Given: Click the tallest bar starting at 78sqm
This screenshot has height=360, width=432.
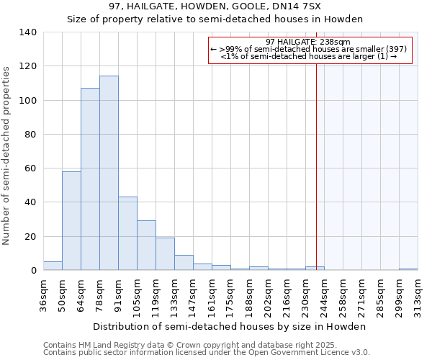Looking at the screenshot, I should click(109, 173).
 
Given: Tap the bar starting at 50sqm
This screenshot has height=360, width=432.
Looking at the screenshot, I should click(71, 220).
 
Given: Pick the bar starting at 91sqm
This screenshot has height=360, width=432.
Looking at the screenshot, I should click(127, 233).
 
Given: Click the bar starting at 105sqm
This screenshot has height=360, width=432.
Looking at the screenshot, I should click(146, 246).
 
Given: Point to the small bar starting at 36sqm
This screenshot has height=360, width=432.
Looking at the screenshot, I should click(53, 266).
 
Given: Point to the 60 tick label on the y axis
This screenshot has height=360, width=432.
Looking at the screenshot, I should click(30, 168).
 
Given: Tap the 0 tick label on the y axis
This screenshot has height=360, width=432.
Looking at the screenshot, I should click(33, 271).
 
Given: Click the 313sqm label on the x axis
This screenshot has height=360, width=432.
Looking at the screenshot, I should click(418, 294).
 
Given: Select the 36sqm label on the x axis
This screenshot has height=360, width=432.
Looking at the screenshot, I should click(43, 294).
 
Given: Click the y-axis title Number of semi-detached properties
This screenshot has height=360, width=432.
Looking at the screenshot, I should click(6, 155).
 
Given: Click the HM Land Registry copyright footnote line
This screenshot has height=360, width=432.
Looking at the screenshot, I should click(195, 345).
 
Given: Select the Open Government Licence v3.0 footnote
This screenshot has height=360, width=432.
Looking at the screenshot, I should click(207, 353).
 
